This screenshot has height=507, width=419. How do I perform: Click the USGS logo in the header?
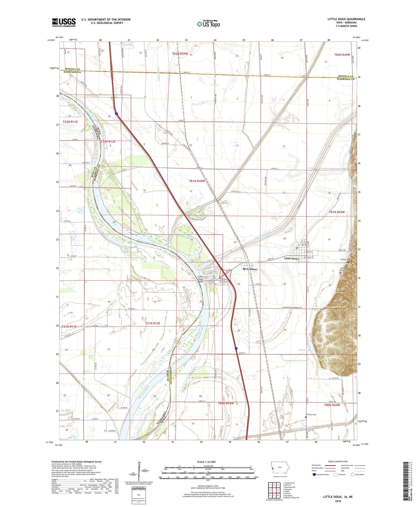[x=64, y=22]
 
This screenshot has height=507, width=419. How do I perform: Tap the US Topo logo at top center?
[x=208, y=24]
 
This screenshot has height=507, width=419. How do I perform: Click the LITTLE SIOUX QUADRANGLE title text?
[x=346, y=19]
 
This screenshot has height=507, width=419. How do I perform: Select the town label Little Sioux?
[x=291, y=258]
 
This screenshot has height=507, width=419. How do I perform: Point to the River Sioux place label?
[x=250, y=269]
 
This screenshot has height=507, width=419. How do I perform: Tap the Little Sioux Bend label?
[x=201, y=279]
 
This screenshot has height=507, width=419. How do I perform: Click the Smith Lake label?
[x=304, y=350]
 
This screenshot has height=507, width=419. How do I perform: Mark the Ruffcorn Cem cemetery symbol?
[x=306, y=417]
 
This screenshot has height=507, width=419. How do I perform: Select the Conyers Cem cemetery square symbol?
[x=348, y=262]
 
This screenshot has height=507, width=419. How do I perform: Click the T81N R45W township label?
[x=197, y=181]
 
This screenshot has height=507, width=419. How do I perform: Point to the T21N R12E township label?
[x=153, y=323]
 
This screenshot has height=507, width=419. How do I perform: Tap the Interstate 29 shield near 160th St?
[x=236, y=349]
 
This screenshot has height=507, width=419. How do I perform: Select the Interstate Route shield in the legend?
[x=314, y=474]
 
